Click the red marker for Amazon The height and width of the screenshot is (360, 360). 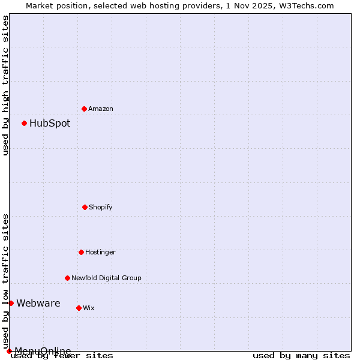[x=85, y=109]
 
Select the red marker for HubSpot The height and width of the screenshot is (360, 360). [x=25, y=123]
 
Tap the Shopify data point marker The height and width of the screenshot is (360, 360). [x=85, y=207]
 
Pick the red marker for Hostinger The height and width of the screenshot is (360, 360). [x=81, y=252]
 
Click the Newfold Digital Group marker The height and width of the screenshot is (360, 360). [x=67, y=278]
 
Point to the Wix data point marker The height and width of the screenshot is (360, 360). [x=79, y=308]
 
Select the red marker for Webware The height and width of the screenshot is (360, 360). [x=11, y=303]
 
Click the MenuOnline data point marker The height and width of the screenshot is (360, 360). [x=9, y=351]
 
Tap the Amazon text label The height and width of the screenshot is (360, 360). [x=101, y=109]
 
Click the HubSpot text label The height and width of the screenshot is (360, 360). [x=50, y=123]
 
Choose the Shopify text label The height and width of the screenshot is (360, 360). [x=101, y=207]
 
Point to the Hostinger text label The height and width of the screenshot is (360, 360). [x=100, y=252]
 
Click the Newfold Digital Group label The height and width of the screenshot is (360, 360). [x=106, y=278]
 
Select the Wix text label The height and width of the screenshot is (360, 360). [x=89, y=308]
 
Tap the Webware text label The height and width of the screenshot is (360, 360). [x=38, y=303]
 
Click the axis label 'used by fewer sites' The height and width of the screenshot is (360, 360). [x=62, y=355]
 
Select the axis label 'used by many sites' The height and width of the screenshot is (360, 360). [x=301, y=355]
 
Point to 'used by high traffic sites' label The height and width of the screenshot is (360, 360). [x=5, y=85]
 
